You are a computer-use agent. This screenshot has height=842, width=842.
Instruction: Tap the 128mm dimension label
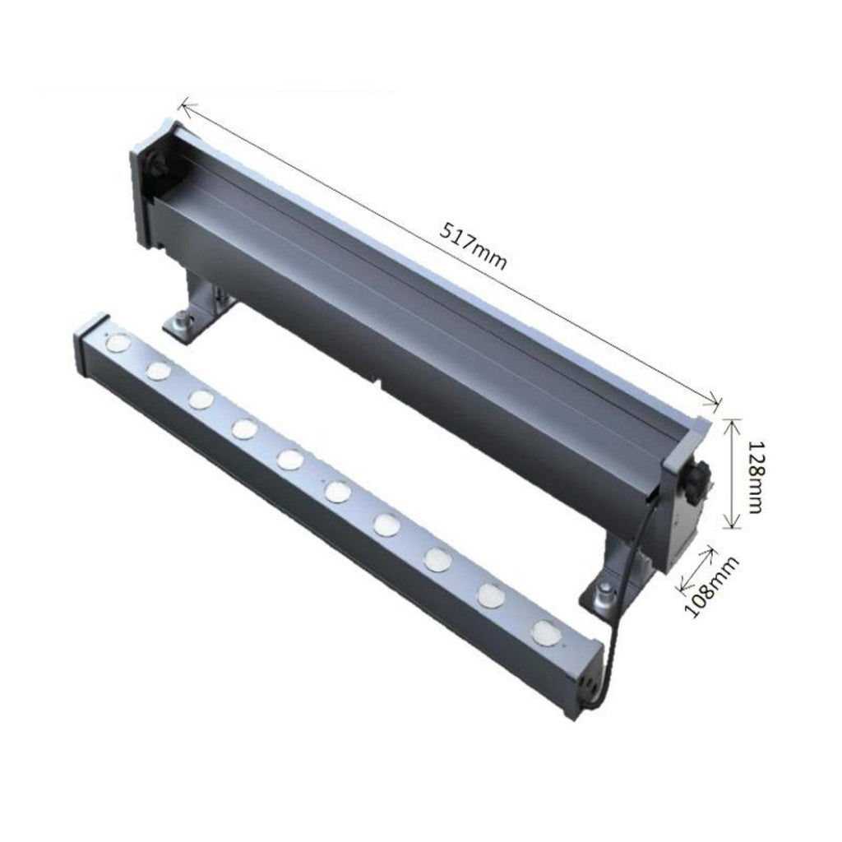(755, 478)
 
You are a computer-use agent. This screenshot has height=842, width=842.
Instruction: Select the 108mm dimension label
(711, 587)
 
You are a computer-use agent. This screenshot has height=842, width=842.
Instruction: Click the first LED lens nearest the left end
(118, 340)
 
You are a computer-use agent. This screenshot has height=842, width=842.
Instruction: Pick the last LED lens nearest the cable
(546, 631)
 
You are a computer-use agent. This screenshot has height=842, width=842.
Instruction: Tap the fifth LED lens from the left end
(290, 458)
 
